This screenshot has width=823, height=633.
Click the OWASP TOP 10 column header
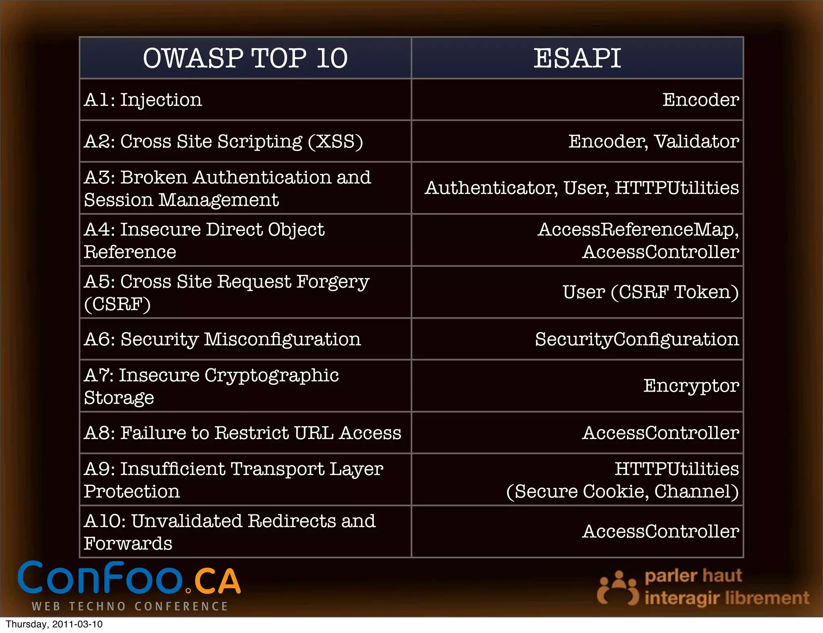click(245, 58)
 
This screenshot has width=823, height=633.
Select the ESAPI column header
click(577, 58)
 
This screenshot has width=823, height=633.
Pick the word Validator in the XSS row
click(696, 141)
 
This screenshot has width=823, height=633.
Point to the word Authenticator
click(491, 188)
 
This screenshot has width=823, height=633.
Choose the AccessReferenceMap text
click(638, 230)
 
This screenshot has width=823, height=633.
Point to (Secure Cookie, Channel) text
click(622, 492)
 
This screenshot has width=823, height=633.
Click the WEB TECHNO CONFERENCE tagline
click(130, 606)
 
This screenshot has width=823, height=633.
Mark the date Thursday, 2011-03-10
click(54, 624)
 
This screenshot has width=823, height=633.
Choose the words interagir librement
click(727, 598)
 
